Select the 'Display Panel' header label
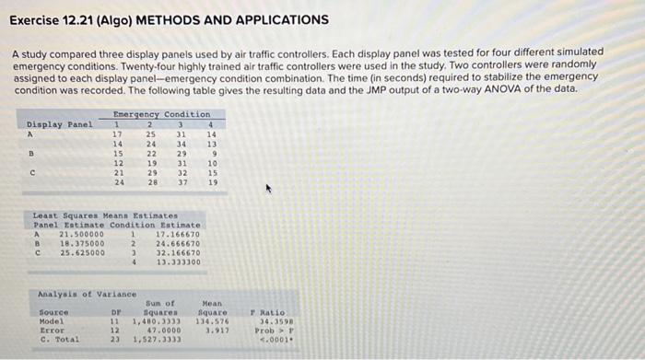tap(60, 123)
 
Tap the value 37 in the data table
tap(182, 182)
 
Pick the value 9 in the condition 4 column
tap(213, 153)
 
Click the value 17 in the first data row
tap(117, 134)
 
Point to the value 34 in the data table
tap(182, 144)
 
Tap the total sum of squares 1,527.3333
tap(157, 339)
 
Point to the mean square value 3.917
tap(214, 329)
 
